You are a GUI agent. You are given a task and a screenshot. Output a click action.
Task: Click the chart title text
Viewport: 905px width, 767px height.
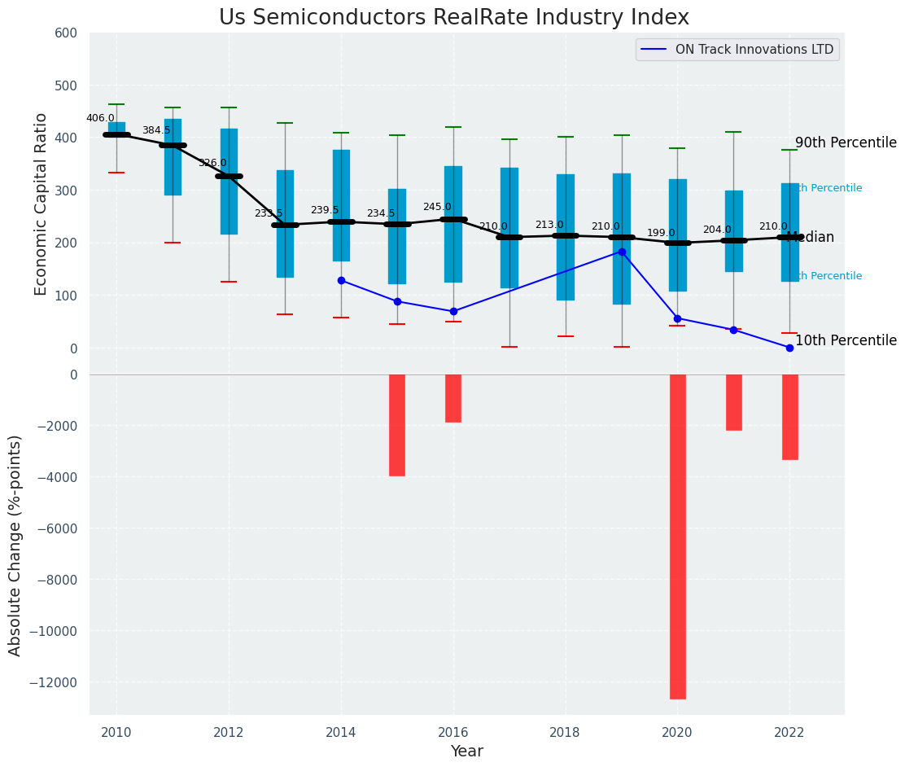pos(453,18)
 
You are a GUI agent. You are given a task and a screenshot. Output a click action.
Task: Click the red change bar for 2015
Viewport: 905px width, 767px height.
pos(397,425)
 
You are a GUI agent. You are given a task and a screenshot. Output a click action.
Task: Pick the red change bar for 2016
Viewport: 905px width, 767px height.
pos(453,398)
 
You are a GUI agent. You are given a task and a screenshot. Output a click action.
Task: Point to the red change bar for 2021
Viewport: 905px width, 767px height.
pos(733,402)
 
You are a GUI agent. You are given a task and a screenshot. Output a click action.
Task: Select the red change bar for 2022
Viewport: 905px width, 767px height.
pos(789,417)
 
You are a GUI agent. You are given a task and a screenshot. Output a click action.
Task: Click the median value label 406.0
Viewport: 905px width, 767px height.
pos(100,118)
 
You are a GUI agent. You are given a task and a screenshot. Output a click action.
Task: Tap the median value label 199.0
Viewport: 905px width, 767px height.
pos(661,233)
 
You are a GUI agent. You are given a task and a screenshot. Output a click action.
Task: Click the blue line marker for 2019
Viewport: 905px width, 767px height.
pos(622,252)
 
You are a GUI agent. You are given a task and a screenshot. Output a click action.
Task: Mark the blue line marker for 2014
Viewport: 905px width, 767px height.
pos(341,280)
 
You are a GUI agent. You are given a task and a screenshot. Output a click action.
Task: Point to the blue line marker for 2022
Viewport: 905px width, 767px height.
pos(789,348)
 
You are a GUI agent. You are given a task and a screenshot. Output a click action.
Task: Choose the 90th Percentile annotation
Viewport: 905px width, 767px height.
pos(846,143)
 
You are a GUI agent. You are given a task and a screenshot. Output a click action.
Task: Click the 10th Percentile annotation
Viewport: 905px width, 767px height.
pos(846,341)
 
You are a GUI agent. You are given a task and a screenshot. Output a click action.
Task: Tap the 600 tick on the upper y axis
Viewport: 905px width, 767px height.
pos(66,33)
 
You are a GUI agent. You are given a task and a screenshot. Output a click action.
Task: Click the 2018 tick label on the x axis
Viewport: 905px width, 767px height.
pos(566,732)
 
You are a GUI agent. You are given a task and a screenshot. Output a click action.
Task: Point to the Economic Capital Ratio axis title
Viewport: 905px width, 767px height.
pos(42,191)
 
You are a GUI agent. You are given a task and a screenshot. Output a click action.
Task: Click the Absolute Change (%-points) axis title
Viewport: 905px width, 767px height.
pos(15,545)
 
